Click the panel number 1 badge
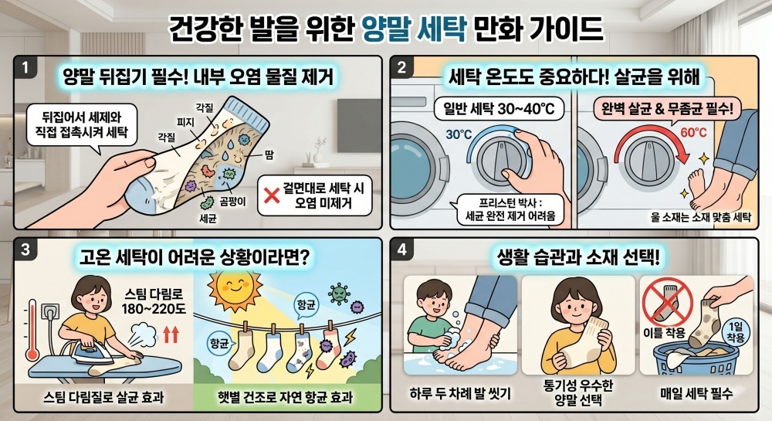[x=25, y=67]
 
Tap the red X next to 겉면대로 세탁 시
[x=273, y=195]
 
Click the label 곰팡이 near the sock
[x=232, y=202]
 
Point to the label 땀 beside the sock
[x=269, y=155]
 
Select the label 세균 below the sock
[x=208, y=218]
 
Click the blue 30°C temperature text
[x=459, y=134]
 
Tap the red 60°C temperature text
[x=694, y=132]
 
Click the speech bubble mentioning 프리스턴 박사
[x=510, y=210]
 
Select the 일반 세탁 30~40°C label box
[x=499, y=110]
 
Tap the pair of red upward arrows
[x=171, y=334]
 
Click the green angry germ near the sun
[x=340, y=294]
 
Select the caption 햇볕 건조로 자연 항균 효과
[x=286, y=397]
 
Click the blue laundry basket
[x=696, y=359]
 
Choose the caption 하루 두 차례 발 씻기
[x=460, y=393]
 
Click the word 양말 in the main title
[x=386, y=29]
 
